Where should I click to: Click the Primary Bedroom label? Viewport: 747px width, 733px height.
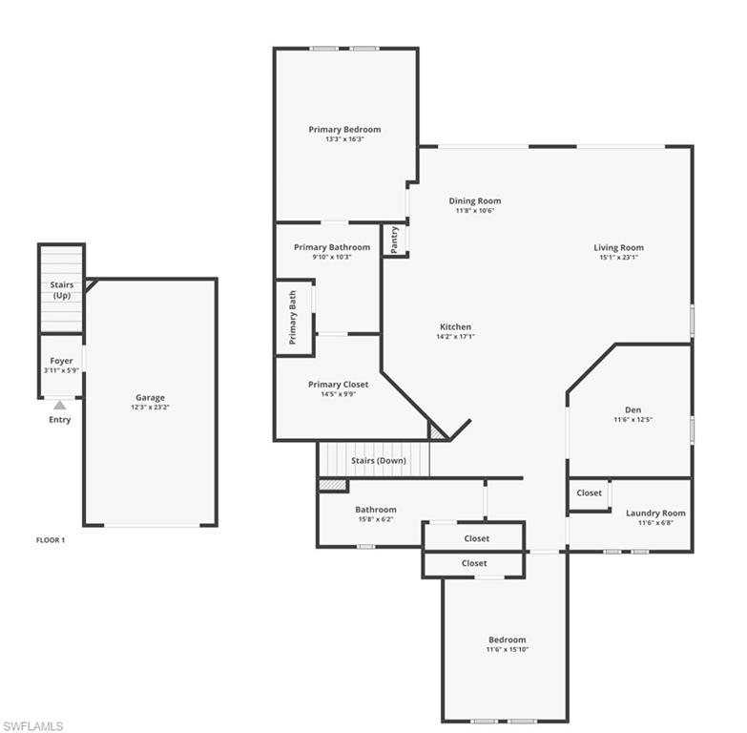(x=344, y=130)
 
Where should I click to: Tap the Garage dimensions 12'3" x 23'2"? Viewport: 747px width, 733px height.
(x=150, y=408)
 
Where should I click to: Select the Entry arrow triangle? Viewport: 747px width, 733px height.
(x=60, y=405)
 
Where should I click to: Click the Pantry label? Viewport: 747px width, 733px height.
(x=395, y=239)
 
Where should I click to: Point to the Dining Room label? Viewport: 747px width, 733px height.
(x=475, y=201)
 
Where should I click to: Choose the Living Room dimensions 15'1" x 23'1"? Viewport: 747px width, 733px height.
(x=618, y=258)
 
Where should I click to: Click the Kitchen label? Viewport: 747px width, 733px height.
(x=455, y=327)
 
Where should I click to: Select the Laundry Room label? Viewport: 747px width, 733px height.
(x=655, y=513)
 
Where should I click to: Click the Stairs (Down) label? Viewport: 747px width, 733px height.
(x=378, y=461)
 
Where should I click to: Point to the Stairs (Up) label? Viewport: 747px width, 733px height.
(x=61, y=290)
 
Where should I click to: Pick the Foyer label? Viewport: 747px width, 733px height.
(x=61, y=361)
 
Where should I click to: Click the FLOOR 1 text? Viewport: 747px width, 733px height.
(x=51, y=540)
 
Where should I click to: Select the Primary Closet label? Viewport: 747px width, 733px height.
(x=338, y=385)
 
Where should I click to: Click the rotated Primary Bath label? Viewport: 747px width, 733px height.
(x=293, y=318)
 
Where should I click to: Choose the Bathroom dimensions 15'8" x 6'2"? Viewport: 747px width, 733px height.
(x=375, y=519)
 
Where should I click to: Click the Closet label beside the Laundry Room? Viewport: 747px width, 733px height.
(x=590, y=493)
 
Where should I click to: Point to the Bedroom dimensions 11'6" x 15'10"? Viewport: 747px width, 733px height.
(x=507, y=650)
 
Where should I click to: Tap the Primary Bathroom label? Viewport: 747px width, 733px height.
(x=332, y=247)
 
